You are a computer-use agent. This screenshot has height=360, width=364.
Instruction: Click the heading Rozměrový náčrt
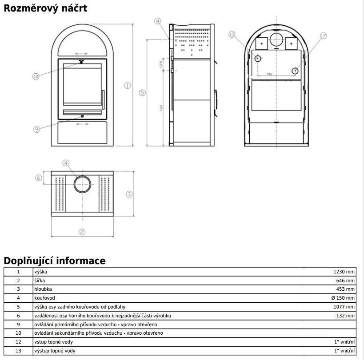click(x=45, y=8)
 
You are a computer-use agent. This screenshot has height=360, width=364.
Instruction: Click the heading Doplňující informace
click(x=55, y=261)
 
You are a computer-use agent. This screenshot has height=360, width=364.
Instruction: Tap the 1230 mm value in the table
click(x=344, y=272)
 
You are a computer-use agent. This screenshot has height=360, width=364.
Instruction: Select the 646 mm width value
click(x=345, y=281)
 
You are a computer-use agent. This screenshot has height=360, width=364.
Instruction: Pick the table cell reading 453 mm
click(x=345, y=289)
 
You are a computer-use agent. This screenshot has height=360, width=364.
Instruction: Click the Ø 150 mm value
click(x=343, y=298)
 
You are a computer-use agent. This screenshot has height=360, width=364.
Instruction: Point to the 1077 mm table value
click(x=344, y=307)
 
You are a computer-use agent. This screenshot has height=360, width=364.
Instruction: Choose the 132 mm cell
click(x=345, y=316)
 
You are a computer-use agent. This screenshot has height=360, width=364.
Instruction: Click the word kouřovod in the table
click(x=44, y=298)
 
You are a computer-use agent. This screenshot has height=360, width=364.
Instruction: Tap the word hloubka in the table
click(x=43, y=289)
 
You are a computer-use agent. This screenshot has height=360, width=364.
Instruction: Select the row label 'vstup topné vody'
click(x=53, y=342)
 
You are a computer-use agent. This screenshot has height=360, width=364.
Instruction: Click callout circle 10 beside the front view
click(x=36, y=76)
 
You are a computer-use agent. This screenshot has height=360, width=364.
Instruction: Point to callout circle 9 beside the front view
click(x=37, y=129)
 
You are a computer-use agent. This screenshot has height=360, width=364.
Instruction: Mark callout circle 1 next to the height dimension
click(x=128, y=86)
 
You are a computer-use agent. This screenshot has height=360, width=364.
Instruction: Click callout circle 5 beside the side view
click(x=142, y=93)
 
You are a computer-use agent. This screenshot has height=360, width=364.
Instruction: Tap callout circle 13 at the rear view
click(x=232, y=34)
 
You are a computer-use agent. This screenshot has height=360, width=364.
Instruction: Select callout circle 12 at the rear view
click(x=323, y=36)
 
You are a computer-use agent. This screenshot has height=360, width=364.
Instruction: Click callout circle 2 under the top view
click(x=82, y=232)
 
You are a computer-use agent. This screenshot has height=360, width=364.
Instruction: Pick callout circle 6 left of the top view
click(x=39, y=178)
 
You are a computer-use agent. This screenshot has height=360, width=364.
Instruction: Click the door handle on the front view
click(x=103, y=100)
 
